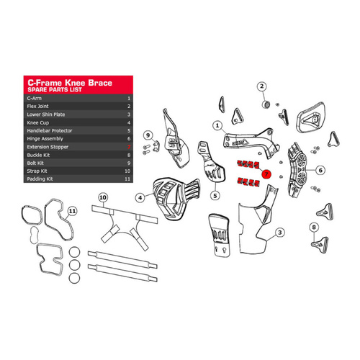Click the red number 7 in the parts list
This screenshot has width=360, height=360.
(128, 145)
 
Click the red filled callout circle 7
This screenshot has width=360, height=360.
(266, 174)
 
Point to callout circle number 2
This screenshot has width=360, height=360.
(262, 86)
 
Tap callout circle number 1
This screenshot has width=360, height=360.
(216, 125)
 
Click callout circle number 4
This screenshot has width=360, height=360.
(140, 197)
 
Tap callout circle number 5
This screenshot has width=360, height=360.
(215, 194)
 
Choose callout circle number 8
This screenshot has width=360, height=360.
(314, 228)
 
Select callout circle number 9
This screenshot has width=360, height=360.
(147, 135)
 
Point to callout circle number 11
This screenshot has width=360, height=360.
(72, 211)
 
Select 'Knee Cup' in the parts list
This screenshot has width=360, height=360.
(39, 115)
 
